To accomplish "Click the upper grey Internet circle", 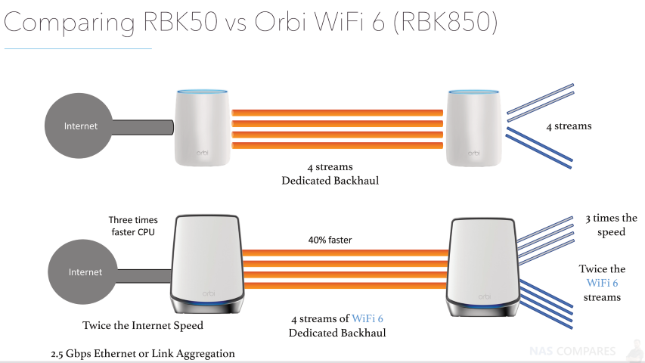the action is click(78, 126).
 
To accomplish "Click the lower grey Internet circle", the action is click(82, 272).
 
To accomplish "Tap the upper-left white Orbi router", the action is click(202, 128).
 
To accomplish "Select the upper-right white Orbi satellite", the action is click(474, 128).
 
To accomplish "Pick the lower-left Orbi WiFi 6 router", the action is click(207, 264).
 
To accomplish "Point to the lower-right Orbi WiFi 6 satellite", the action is click(483, 268).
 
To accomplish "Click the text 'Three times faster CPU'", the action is click(133, 226).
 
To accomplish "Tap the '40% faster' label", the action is click(330, 240).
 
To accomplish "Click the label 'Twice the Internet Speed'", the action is click(143, 325).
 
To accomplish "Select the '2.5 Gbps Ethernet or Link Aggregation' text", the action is click(143, 353).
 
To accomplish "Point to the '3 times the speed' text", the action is click(611, 225).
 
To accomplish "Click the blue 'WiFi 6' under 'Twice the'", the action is click(602, 283).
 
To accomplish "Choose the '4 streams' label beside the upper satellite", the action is click(569, 126).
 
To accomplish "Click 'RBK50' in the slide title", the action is click(180, 22).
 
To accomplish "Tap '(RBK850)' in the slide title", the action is click(445, 22).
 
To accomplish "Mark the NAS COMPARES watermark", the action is click(572, 351).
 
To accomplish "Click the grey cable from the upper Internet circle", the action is click(142, 127).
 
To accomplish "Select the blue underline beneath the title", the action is click(78, 48).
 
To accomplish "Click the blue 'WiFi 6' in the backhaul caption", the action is click(367, 318).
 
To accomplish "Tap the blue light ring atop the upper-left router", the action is click(202, 92).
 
